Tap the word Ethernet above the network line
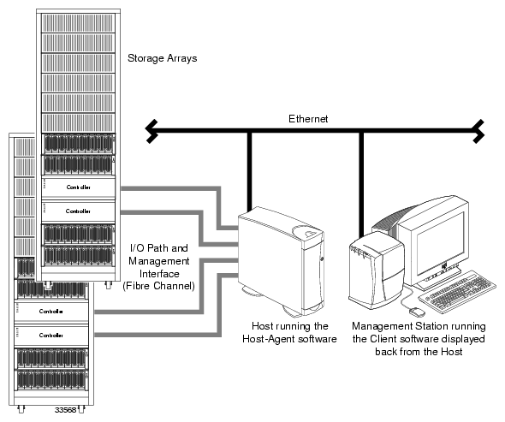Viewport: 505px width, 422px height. point(307,118)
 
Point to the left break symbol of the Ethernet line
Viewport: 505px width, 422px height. point(151,131)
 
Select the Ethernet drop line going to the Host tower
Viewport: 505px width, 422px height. point(250,170)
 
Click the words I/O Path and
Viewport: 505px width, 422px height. point(160,247)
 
